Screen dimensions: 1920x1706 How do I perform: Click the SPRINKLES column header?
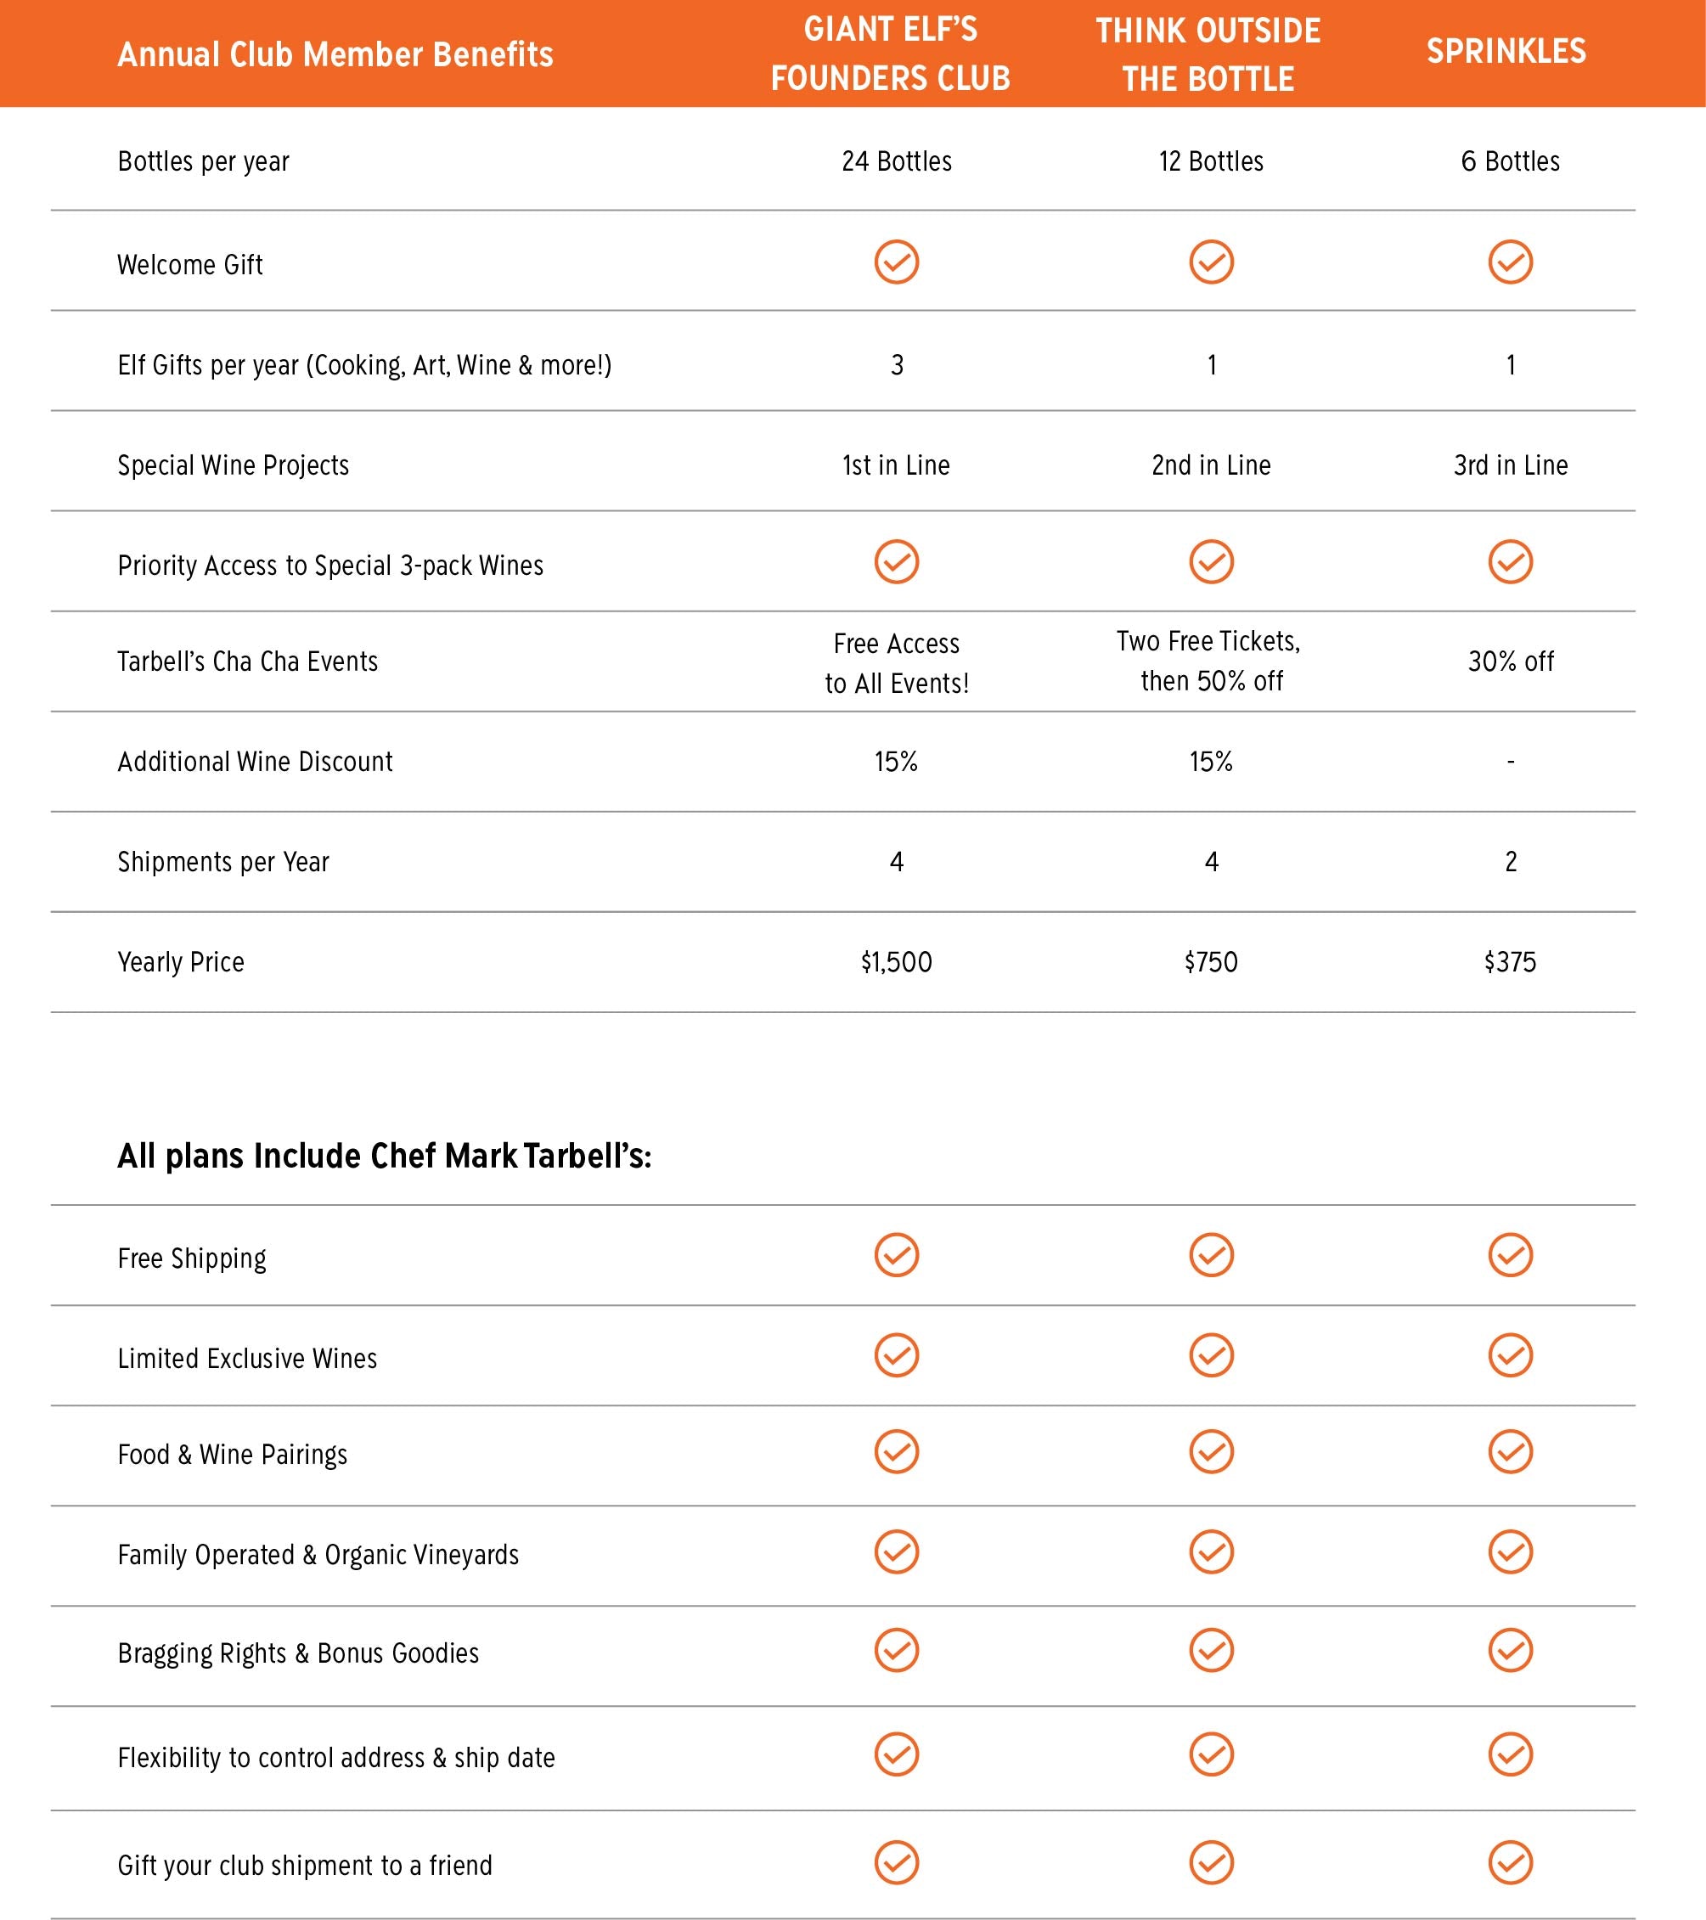point(1506,52)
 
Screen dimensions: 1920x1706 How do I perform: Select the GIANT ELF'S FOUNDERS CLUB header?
point(891,53)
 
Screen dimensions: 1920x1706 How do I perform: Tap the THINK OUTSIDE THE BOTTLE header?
point(1208,54)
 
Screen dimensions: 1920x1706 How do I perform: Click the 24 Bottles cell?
point(896,161)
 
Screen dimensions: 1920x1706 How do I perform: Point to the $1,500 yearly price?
point(896,962)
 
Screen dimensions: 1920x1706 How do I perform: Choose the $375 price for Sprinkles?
point(1510,962)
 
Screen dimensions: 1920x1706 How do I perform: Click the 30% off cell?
point(1511,662)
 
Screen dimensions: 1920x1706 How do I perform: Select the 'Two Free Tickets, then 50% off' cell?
point(1210,662)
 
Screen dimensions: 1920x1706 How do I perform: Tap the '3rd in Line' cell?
point(1511,465)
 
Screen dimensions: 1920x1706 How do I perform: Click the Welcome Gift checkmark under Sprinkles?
point(1511,262)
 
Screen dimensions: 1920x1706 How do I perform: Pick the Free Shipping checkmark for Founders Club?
point(896,1255)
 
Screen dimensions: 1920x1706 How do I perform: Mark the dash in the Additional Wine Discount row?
point(1511,762)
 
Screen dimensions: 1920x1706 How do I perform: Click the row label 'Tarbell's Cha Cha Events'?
point(248,662)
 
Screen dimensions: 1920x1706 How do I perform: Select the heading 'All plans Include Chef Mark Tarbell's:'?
point(384,1156)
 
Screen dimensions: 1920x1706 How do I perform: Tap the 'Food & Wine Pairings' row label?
point(232,1454)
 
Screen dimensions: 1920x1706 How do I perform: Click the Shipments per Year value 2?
point(1511,861)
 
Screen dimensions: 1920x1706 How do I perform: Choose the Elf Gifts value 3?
point(896,365)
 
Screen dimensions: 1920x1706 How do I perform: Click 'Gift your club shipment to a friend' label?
point(304,1865)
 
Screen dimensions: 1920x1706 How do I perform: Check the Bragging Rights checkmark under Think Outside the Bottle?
point(1211,1651)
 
